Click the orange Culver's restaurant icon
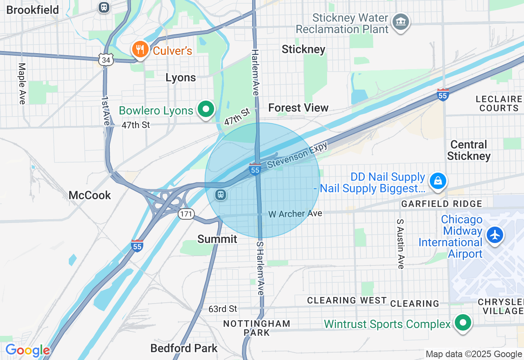point(140,50)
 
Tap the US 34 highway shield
point(106,60)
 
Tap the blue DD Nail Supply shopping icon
point(438,181)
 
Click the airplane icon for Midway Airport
point(495,235)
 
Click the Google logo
point(27,351)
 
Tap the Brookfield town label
point(33,10)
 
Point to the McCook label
point(90,195)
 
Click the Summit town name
point(217,239)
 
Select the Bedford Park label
point(184,348)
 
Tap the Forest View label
point(298,108)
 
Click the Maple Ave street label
point(22,83)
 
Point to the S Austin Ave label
point(400,244)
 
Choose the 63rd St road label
point(223,308)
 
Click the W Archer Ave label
point(295,214)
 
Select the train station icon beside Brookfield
point(104,7)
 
